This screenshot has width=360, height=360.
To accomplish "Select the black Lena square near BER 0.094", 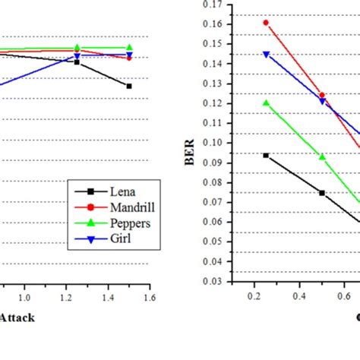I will coord(266,155).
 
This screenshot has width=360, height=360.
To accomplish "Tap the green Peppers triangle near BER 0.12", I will coord(266,103).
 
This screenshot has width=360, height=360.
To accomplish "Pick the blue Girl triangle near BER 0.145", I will coord(266,55).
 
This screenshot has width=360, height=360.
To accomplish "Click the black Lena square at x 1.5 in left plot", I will coord(129,86).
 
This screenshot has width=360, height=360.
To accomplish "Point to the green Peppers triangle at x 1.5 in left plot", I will coord(129,47).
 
